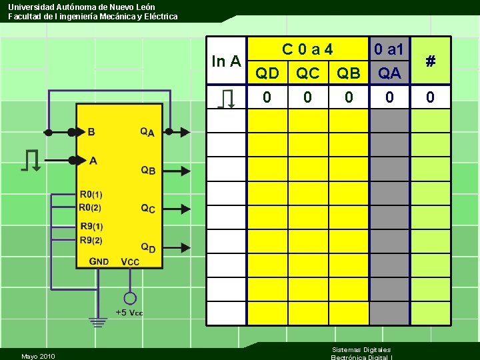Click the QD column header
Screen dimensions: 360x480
pyautogui.click(x=267, y=73)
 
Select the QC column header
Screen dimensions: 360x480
pyautogui.click(x=308, y=73)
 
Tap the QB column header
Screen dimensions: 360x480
pyautogui.click(x=349, y=73)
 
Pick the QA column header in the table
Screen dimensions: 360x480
pyautogui.click(x=389, y=73)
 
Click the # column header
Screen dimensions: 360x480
pyautogui.click(x=431, y=61)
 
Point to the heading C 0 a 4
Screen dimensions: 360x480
pyautogui.click(x=307, y=49)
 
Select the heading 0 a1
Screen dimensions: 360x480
pyautogui.click(x=389, y=49)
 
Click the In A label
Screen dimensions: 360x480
pyautogui.click(x=226, y=62)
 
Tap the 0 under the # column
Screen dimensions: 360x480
pyautogui.click(x=431, y=98)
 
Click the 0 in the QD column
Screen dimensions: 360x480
pyautogui.click(x=267, y=98)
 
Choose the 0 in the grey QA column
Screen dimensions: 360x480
pyautogui.click(x=389, y=98)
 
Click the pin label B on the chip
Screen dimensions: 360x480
pyautogui.click(x=91, y=132)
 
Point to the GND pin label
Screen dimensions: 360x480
pyautogui.click(x=99, y=261)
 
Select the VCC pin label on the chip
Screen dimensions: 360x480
pyautogui.click(x=130, y=261)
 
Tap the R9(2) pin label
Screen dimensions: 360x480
pyautogui.click(x=91, y=240)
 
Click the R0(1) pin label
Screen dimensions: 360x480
pyautogui.click(x=91, y=195)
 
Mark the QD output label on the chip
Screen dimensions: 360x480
pyautogui.click(x=147, y=248)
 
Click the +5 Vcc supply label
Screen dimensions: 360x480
pyautogui.click(x=129, y=313)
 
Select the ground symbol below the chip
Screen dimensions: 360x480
pyautogui.click(x=99, y=323)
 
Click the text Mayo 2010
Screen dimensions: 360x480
pyautogui.click(x=38, y=356)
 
